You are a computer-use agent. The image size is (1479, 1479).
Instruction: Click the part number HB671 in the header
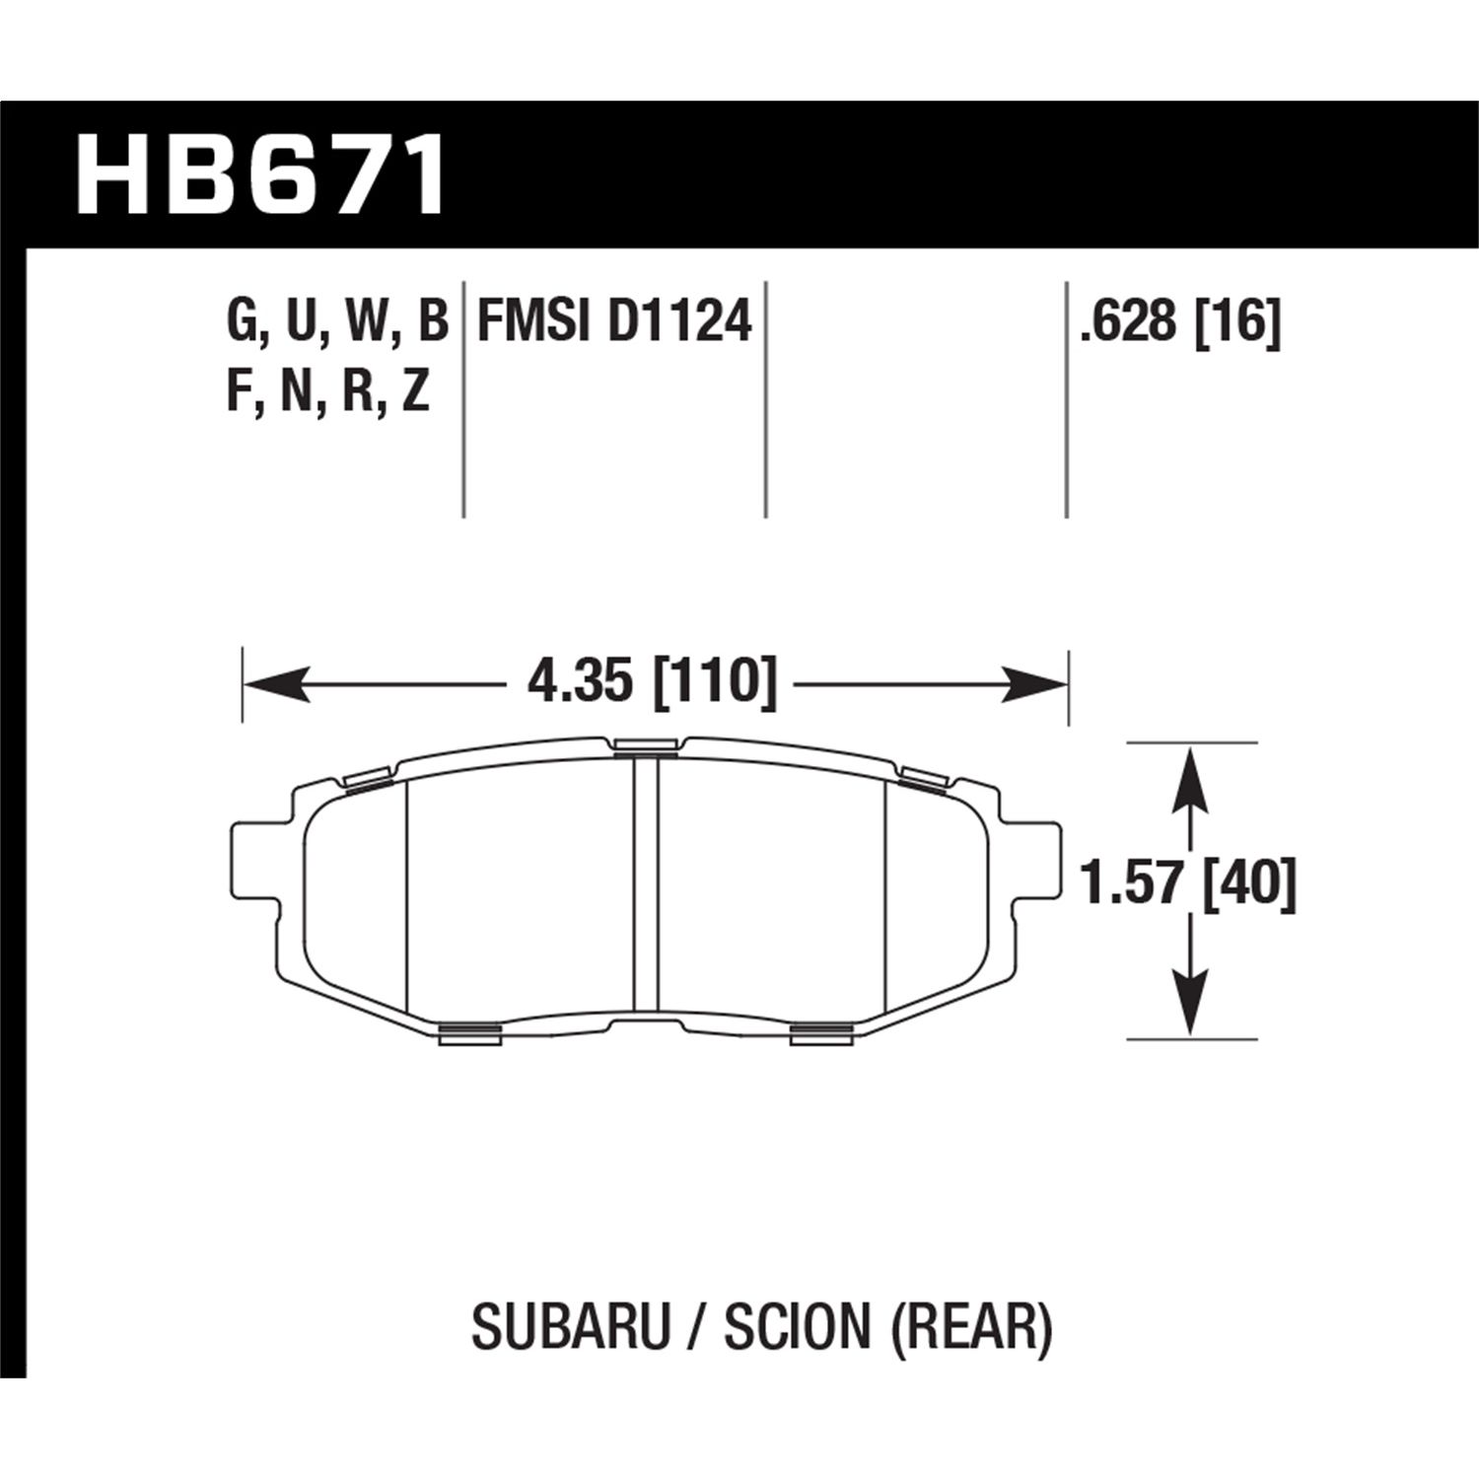click(x=261, y=177)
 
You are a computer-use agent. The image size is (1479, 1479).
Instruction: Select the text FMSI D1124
click(x=614, y=322)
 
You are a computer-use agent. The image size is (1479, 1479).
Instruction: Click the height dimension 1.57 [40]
click(x=1187, y=883)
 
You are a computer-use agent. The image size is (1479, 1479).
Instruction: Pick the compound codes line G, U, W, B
click(x=337, y=322)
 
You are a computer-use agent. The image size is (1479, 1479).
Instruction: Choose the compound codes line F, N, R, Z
click(x=328, y=392)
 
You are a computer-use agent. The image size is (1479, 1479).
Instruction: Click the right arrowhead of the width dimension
click(x=1035, y=683)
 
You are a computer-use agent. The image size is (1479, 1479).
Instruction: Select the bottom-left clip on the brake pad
click(x=469, y=1032)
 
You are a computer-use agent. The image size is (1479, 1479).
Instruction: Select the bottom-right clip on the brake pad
click(x=821, y=1032)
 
